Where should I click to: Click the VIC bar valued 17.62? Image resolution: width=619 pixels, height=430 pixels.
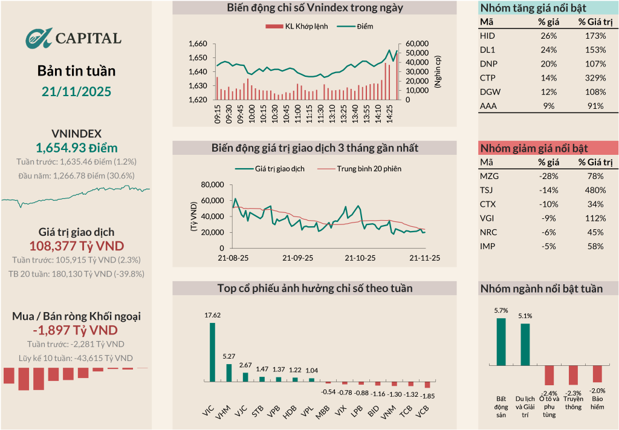[x=212, y=351]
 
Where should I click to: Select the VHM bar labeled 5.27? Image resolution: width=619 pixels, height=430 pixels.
[x=228, y=372]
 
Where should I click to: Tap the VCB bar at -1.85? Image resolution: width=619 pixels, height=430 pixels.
[x=427, y=384]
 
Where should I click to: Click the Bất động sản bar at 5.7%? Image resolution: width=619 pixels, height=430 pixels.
[x=501, y=342]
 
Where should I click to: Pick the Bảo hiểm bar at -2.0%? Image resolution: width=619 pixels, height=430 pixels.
[x=597, y=373]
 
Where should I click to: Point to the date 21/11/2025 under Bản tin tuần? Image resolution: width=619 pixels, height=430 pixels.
[x=76, y=91]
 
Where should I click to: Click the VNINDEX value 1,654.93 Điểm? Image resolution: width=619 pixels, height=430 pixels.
[x=76, y=148]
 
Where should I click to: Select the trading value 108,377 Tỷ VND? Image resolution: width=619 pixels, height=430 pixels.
[x=76, y=246]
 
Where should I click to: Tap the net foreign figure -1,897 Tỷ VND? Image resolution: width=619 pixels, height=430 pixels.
[x=76, y=330]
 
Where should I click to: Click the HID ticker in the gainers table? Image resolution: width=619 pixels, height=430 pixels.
[x=487, y=36]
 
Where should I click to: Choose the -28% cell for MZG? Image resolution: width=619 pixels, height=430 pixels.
[x=548, y=176]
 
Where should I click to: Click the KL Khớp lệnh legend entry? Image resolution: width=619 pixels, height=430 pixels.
[x=297, y=27]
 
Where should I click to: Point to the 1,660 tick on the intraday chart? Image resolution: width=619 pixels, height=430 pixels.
[x=198, y=44]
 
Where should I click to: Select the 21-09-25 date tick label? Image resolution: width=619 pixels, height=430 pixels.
[x=298, y=258]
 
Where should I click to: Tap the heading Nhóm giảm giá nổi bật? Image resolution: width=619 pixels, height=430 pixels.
[x=534, y=148]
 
